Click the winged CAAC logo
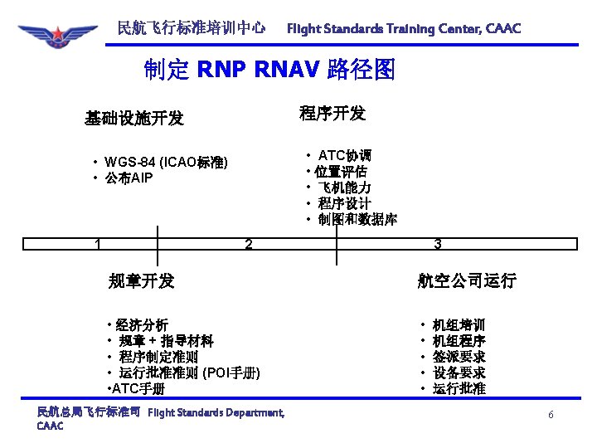tap(56, 37)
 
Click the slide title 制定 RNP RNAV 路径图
tap(269, 70)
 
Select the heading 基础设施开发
tap(133, 118)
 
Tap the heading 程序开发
tap(332, 113)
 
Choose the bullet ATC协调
tap(345, 156)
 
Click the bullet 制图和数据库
tap(357, 220)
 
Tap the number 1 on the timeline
tap(98, 244)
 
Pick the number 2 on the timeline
tap(248, 244)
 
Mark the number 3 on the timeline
tap(437, 244)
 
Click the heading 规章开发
tap(141, 280)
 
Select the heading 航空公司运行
tap(467, 280)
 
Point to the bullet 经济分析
tap(142, 324)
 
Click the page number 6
tap(550, 414)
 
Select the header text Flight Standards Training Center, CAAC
tap(404, 29)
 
